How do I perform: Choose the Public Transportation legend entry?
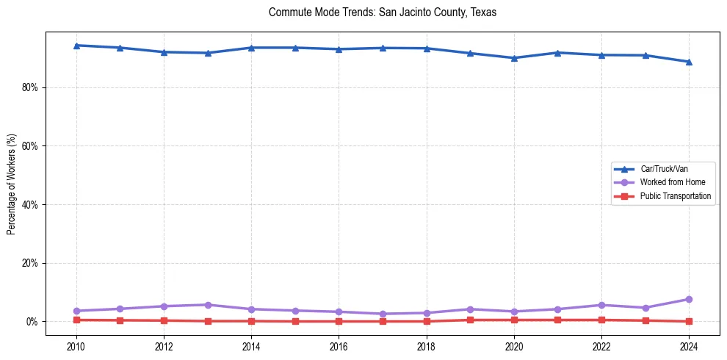point(675,196)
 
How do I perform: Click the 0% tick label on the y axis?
point(32,322)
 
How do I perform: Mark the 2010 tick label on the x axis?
point(76,345)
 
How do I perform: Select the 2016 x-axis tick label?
point(339,345)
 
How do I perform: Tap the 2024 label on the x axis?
point(689,345)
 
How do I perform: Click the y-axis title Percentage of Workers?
point(12,184)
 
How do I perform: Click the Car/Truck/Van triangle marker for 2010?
point(76,46)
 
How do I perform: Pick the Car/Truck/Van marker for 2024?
point(689,62)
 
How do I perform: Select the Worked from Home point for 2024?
point(689,299)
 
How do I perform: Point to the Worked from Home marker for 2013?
point(207,305)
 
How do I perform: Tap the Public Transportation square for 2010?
point(76,320)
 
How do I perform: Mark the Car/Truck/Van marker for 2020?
point(514,58)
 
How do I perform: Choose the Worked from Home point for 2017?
point(383,314)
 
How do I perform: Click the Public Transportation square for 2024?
point(689,321)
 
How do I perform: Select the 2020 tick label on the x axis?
point(514,345)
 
